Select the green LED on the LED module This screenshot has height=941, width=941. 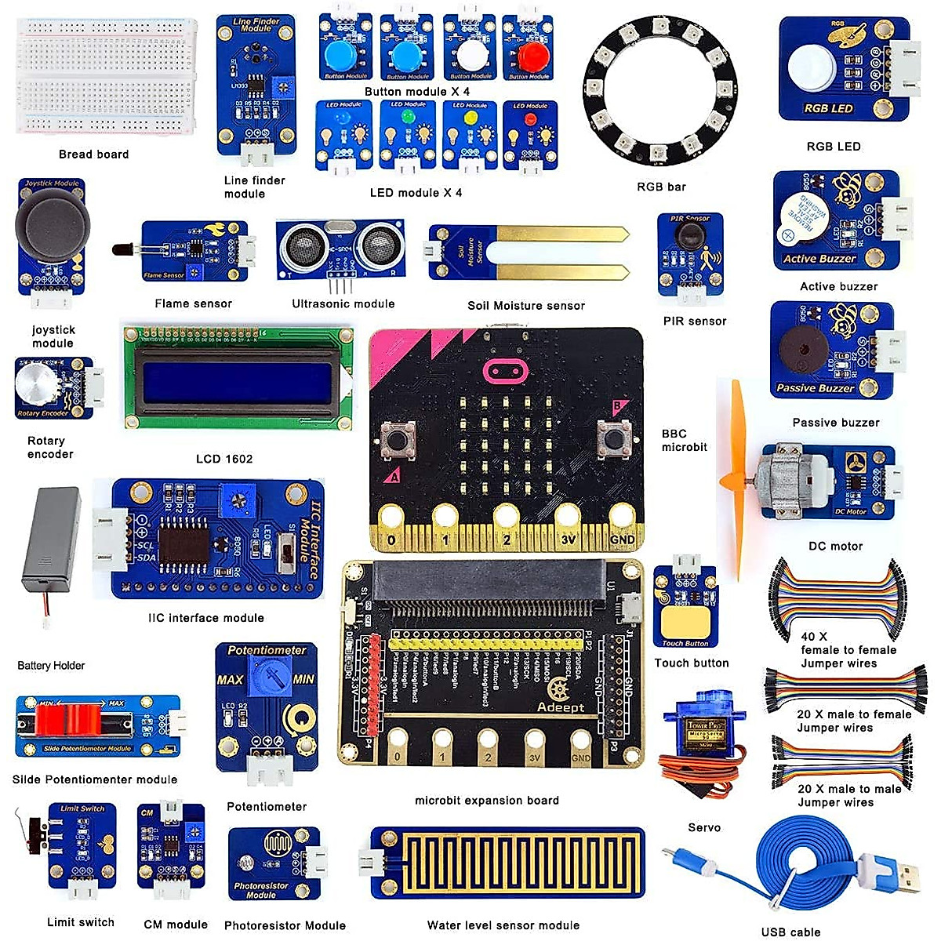(x=407, y=116)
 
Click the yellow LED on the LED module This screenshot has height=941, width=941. (x=470, y=117)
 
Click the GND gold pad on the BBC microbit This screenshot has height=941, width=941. (x=623, y=518)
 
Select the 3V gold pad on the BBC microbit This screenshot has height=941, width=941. (x=569, y=518)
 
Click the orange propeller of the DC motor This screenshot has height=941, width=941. (x=737, y=478)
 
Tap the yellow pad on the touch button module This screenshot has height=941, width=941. (x=685, y=623)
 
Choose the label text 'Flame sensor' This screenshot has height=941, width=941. (x=193, y=303)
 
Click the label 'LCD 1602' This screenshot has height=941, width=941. (x=224, y=459)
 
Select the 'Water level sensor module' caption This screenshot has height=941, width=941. (x=503, y=925)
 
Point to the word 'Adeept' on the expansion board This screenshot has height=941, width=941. (x=561, y=707)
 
